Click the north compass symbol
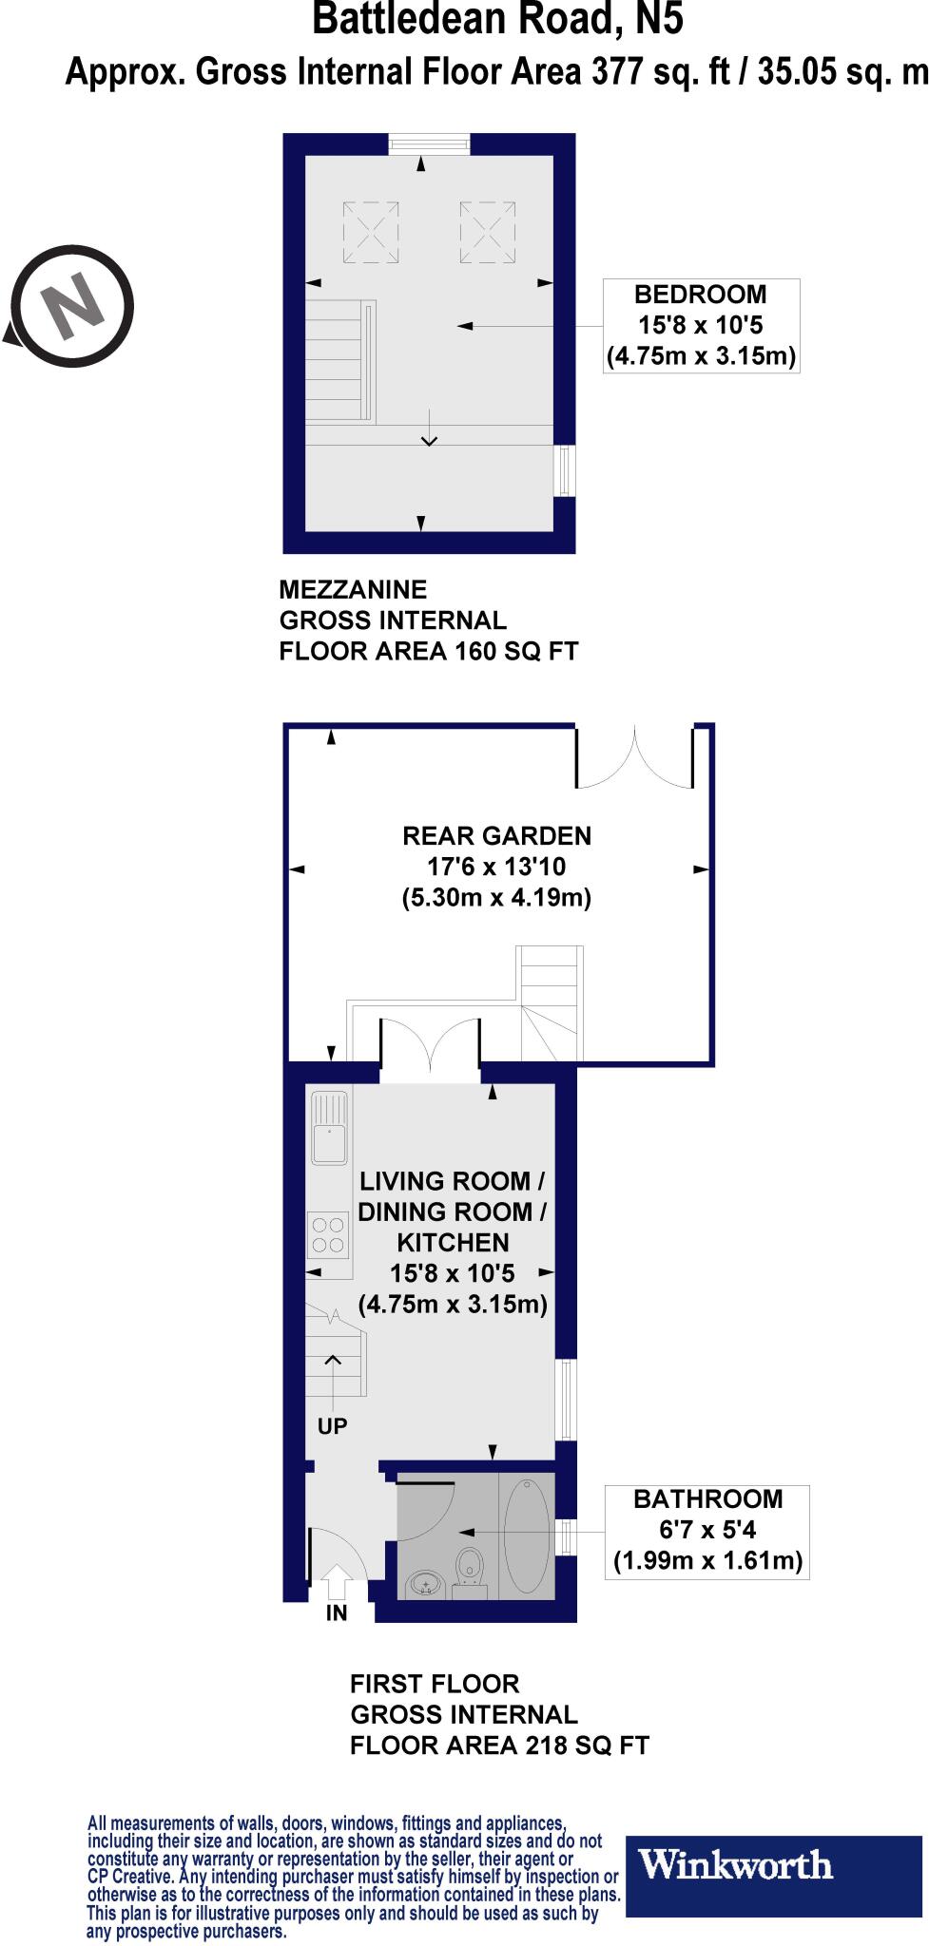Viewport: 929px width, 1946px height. pyautogui.click(x=71, y=306)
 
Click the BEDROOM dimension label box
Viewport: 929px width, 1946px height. pyautogui.click(x=701, y=326)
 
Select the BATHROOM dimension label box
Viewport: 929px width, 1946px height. pyautogui.click(x=706, y=1531)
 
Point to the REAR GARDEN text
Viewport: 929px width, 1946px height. pyautogui.click(x=496, y=836)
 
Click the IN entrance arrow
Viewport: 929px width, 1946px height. pyautogui.click(x=337, y=1583)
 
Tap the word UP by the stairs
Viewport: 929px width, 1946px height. pyautogui.click(x=333, y=1425)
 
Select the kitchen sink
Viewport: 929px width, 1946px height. pyautogui.click(x=329, y=1128)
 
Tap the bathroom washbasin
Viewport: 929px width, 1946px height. pyautogui.click(x=425, y=1584)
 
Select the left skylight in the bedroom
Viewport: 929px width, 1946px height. pyautogui.click(x=371, y=232)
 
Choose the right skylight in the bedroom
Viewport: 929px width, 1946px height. pyautogui.click(x=488, y=232)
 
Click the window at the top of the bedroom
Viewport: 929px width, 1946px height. pyautogui.click(x=429, y=143)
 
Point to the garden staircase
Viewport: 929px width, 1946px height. pyautogui.click(x=550, y=1002)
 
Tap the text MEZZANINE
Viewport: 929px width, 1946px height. pyautogui.click(x=353, y=589)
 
